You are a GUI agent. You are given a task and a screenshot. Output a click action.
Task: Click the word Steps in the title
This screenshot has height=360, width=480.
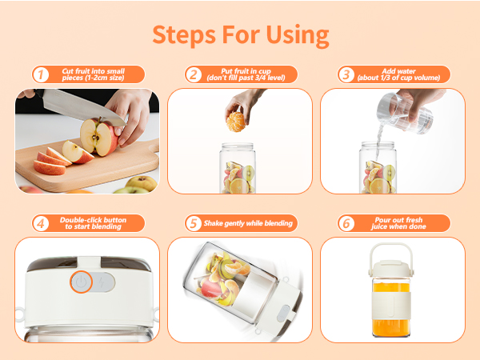click(x=184, y=35)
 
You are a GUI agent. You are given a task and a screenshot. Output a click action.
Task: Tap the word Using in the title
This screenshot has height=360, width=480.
click(x=298, y=36)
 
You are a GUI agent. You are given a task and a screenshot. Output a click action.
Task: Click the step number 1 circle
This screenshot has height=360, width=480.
click(x=41, y=74)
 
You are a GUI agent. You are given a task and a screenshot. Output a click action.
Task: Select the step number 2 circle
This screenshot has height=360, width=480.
click(x=194, y=74)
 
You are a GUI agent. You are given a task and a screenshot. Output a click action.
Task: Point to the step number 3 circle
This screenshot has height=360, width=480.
click(x=346, y=74)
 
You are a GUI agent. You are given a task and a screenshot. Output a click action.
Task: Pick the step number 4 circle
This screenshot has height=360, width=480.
click(x=41, y=223)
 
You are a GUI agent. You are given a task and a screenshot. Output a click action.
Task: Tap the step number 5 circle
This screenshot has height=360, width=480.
click(x=194, y=223)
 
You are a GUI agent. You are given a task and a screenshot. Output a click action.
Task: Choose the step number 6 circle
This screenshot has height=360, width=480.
click(x=346, y=223)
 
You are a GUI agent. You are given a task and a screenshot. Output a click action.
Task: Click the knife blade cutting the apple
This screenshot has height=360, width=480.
click(x=83, y=108)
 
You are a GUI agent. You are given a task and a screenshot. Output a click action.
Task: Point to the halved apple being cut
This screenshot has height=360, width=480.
click(x=98, y=137)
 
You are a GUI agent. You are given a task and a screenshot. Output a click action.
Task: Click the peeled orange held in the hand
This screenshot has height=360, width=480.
click(x=236, y=122)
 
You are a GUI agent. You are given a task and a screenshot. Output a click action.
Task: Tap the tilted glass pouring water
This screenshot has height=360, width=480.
click(x=405, y=114)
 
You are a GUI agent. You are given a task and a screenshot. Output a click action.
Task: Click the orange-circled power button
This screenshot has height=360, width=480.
click(x=81, y=282)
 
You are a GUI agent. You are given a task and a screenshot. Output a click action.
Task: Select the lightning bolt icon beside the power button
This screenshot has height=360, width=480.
click(x=102, y=282)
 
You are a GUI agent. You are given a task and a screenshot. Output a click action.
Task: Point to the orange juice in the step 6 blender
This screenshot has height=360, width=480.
click(x=391, y=308)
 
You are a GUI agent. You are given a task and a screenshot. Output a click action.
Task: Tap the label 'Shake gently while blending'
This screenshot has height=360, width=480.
click(x=248, y=223)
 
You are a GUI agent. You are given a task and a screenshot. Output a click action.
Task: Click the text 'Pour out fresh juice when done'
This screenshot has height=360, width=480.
click(x=398, y=223)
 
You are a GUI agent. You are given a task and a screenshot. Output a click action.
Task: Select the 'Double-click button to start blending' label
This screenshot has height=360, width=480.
click(x=93, y=223)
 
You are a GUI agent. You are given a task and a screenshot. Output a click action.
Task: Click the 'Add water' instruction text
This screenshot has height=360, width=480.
click(x=398, y=71)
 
